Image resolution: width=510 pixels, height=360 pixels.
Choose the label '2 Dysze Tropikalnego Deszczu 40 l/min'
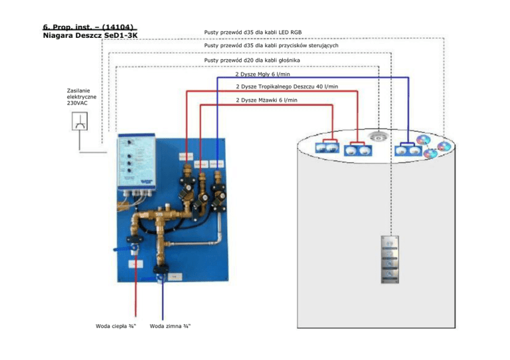[x=287, y=86]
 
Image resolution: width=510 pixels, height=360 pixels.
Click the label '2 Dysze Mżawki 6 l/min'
[x=266, y=100]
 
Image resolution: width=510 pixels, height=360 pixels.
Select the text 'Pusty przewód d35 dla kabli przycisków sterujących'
[x=272, y=46]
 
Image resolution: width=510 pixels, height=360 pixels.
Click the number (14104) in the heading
[x=121, y=27]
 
